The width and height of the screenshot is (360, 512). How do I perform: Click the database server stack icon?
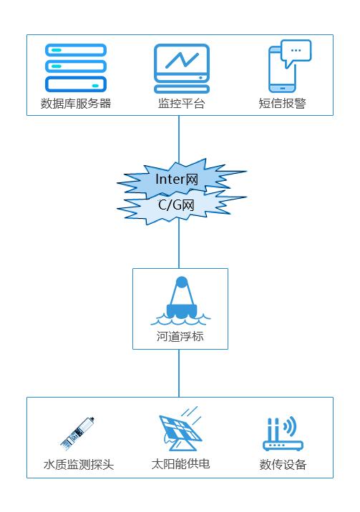tap(76, 68)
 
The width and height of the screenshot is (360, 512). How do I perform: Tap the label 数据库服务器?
tap(76, 104)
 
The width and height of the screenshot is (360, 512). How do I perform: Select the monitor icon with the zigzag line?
tap(182, 69)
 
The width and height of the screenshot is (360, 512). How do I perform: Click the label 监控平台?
tap(181, 104)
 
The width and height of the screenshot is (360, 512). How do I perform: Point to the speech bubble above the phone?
tap(296, 52)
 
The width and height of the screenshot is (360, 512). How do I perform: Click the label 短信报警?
tap(282, 104)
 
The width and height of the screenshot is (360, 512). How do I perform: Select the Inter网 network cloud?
tap(180, 179)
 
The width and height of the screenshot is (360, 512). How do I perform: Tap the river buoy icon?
tap(180, 301)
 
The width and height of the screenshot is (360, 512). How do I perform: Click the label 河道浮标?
tap(180, 336)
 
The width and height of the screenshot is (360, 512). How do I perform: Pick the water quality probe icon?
tap(77, 433)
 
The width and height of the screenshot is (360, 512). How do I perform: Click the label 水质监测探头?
tap(79, 464)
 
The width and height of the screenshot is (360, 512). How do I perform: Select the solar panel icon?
tap(180, 428)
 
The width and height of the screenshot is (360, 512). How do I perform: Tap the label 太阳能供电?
tap(180, 463)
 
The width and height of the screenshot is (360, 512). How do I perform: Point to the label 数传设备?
tap(283, 464)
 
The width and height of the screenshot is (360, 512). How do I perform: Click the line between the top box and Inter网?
tap(179, 139)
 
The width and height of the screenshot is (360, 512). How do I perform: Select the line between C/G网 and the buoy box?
tap(179, 244)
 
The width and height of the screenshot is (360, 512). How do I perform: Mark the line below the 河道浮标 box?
tap(179, 373)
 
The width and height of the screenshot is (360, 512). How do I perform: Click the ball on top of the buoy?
tap(182, 282)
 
